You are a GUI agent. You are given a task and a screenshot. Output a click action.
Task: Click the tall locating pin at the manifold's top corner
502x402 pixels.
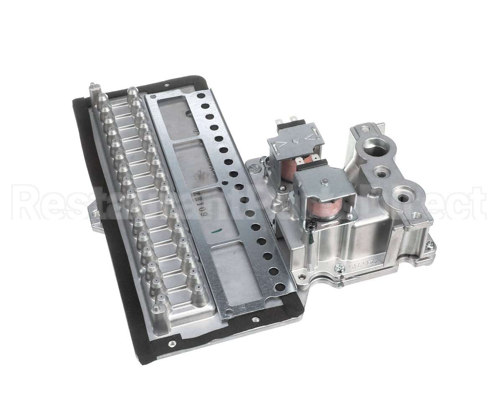92,89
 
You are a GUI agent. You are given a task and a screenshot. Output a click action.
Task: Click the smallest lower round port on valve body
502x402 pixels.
380,171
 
